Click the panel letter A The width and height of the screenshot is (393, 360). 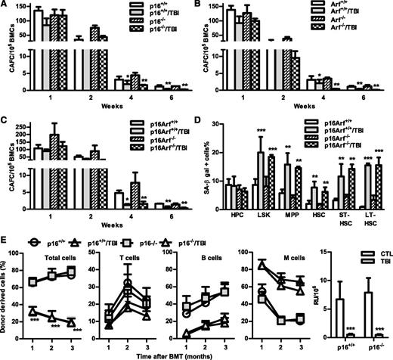(5, 5)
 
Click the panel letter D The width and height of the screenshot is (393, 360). (204, 125)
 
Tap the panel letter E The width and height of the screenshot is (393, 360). (5, 245)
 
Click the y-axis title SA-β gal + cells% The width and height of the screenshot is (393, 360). (206, 173)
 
